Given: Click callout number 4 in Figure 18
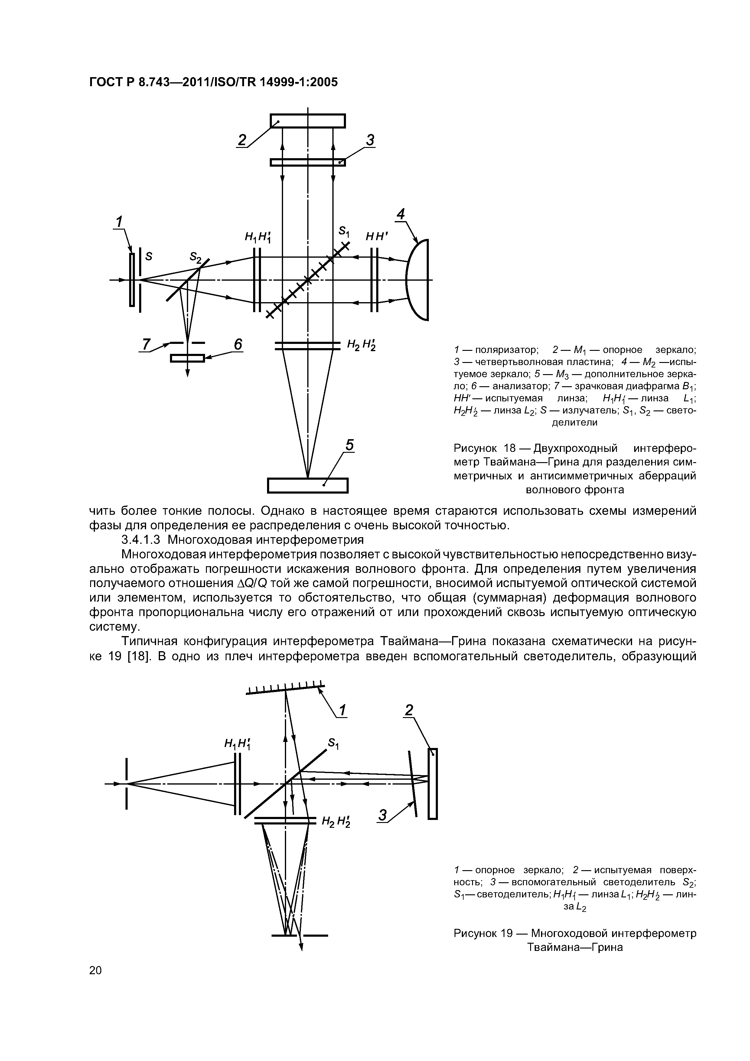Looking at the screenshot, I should point(401,214).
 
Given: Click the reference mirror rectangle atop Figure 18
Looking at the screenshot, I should point(308,121).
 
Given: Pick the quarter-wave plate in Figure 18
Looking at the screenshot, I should point(308,162).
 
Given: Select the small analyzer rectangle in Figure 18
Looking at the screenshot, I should point(187,358).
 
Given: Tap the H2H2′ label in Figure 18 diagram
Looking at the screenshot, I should point(361,345).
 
